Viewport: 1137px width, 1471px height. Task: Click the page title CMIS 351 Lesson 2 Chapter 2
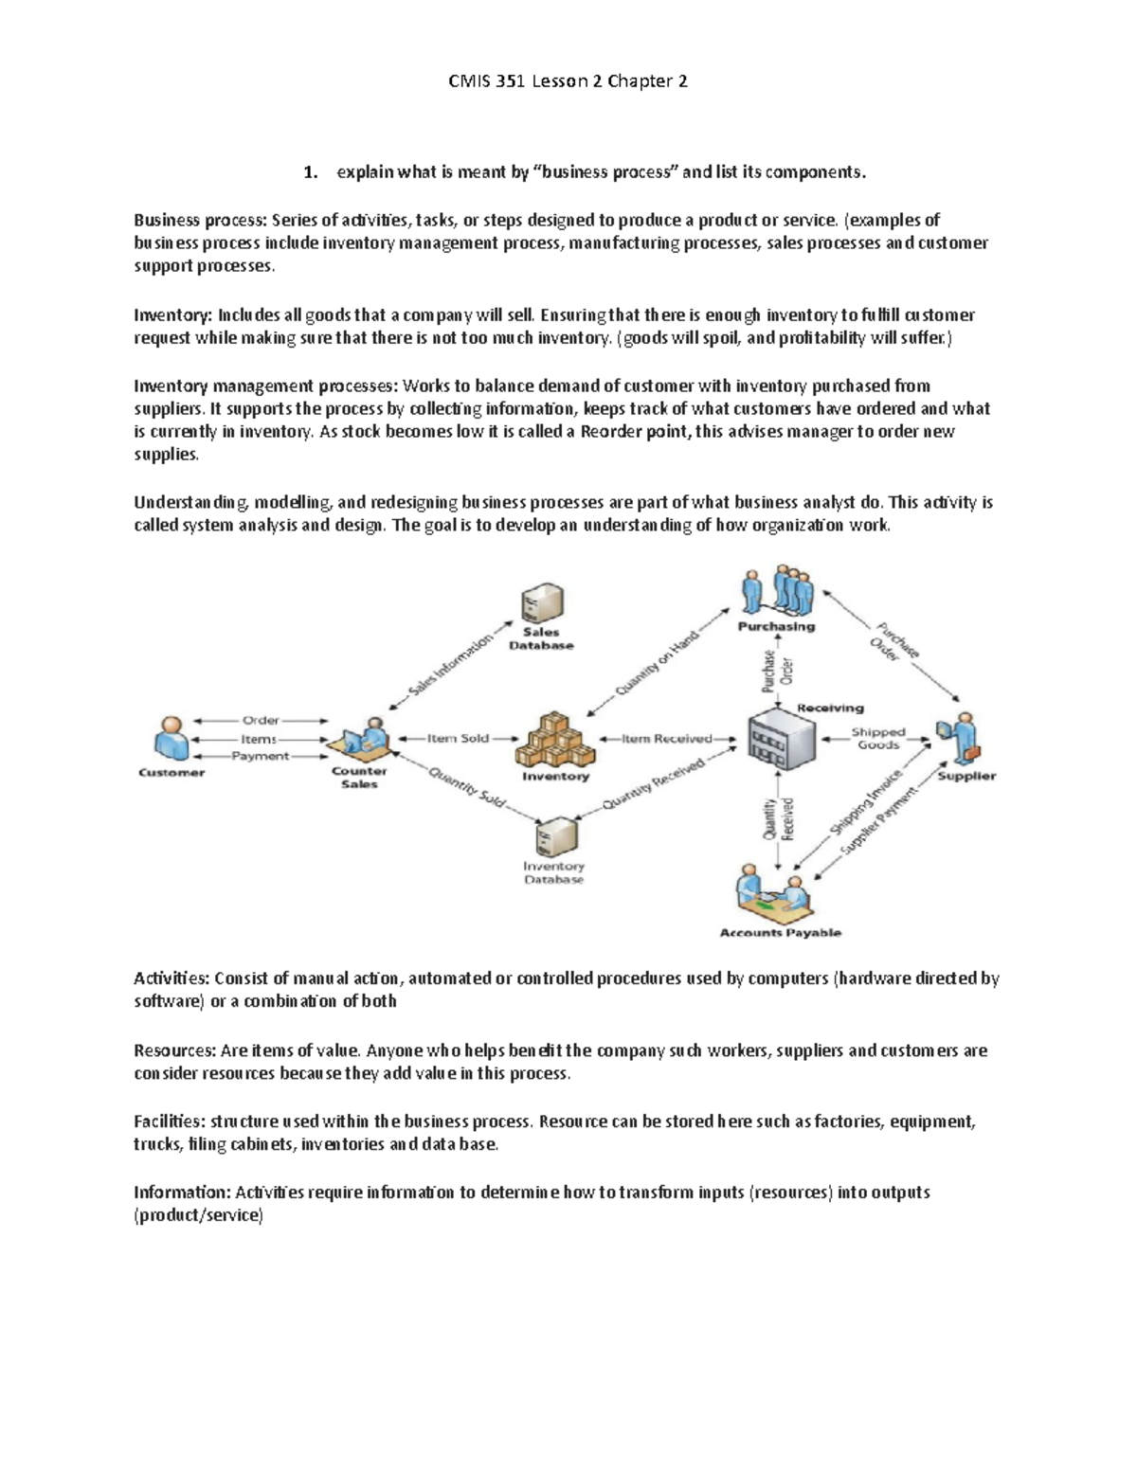click(568, 81)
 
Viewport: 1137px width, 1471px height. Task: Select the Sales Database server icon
click(542, 602)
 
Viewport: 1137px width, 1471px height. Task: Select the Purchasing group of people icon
click(779, 592)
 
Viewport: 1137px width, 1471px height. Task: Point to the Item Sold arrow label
click(458, 738)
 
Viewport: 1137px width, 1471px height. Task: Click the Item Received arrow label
click(667, 738)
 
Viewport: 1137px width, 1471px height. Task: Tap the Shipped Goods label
click(878, 738)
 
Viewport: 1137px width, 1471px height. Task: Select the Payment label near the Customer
click(261, 756)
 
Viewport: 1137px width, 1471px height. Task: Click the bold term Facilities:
click(170, 1121)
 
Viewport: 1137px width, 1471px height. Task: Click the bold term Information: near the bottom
click(182, 1193)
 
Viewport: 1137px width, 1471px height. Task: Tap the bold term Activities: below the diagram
click(171, 978)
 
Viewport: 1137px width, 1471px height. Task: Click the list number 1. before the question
click(309, 172)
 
